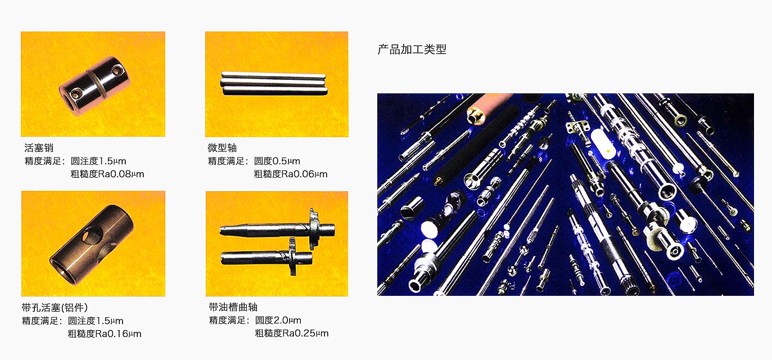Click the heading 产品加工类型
412,49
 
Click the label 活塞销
39,148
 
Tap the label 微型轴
222,148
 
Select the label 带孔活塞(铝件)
55,307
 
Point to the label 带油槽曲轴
233,307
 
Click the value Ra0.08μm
121,174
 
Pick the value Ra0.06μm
304,174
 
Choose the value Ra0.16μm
118,334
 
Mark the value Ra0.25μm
305,333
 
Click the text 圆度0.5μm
277,161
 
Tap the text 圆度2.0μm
278,321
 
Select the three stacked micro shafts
274,83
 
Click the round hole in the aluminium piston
92,235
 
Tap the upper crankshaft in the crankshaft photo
277,227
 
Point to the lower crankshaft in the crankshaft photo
267,257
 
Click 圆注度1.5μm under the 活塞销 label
98,161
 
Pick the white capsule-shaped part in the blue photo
602,144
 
